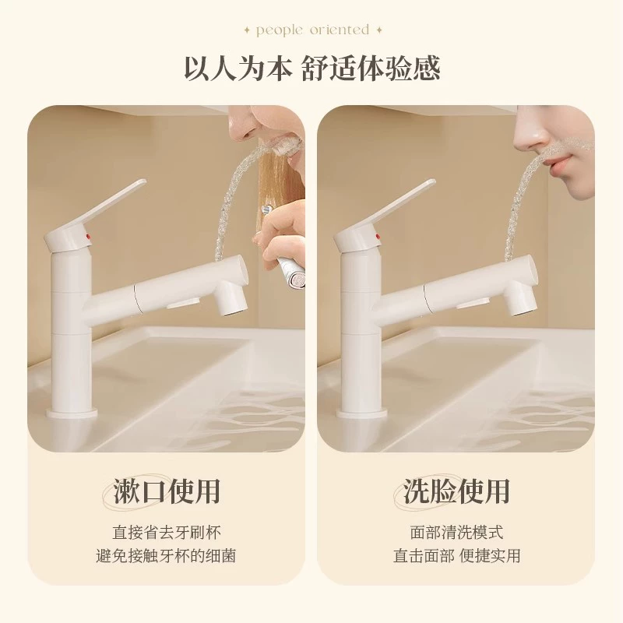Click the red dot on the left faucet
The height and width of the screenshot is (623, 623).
click(88, 238)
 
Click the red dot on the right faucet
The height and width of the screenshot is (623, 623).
click(378, 238)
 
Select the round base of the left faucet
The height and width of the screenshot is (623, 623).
click(72, 412)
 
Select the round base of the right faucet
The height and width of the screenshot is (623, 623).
click(361, 412)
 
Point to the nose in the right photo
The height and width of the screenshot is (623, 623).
click(531, 133)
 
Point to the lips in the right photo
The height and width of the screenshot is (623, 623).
click(558, 164)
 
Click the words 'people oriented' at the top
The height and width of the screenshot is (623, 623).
click(313, 30)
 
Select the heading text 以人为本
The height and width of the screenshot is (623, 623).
click(238, 69)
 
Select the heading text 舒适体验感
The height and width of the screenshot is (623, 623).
click(371, 69)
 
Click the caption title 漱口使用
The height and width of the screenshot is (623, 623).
click(167, 491)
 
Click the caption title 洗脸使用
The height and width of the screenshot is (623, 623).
click(456, 491)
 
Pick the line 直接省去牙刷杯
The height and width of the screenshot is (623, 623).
click(167, 533)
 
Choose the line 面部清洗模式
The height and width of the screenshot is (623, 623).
click(456, 533)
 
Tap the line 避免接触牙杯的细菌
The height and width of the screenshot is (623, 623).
click(166, 555)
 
